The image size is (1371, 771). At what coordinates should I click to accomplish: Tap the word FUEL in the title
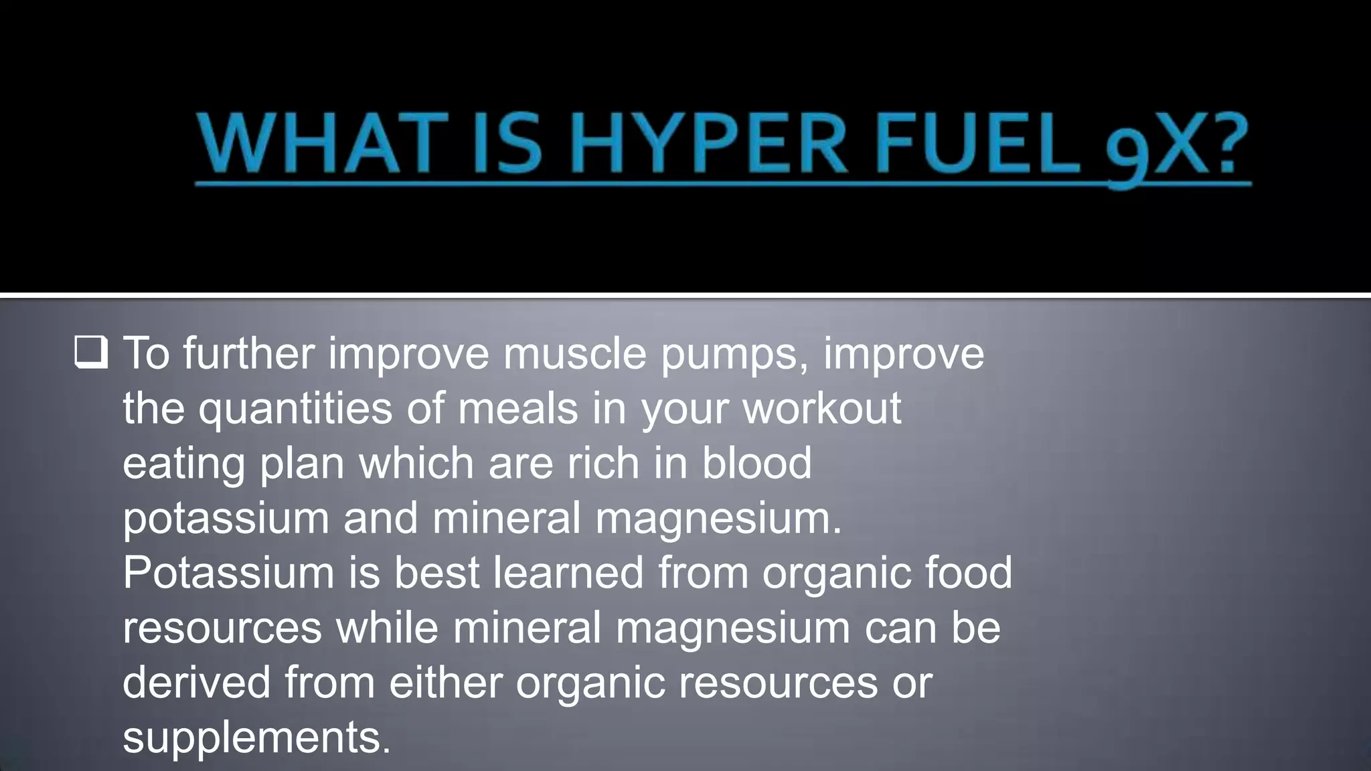click(977, 144)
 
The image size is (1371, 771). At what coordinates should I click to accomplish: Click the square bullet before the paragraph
click(90, 353)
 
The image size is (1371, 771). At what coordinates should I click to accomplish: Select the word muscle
click(574, 353)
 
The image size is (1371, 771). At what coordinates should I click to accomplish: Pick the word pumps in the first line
click(734, 355)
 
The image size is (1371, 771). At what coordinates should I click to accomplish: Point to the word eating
click(183, 463)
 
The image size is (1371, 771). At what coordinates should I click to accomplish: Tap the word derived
click(196, 682)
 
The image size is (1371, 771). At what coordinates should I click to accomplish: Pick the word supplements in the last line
click(256, 738)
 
